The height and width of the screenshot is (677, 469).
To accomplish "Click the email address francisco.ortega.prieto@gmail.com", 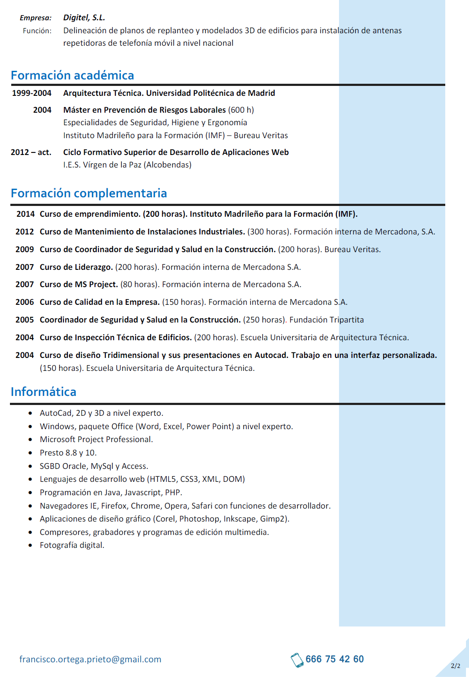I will [x=90, y=659].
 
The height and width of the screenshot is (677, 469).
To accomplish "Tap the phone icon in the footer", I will [x=297, y=660].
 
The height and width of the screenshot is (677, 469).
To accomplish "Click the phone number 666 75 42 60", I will [x=335, y=659].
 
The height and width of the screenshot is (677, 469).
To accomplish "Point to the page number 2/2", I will [x=456, y=666].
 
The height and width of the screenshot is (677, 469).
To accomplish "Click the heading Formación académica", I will [x=73, y=75].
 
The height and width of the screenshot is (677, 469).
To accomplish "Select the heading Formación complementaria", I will [x=89, y=193].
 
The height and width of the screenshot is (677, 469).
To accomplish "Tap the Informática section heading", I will [x=44, y=392].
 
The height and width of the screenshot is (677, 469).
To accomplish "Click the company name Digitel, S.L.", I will [x=84, y=18].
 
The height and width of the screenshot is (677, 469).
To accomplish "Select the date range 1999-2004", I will [x=32, y=93].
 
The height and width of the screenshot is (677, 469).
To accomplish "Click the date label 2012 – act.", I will [x=31, y=152].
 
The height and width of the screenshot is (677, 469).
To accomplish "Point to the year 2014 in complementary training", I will [x=25, y=214].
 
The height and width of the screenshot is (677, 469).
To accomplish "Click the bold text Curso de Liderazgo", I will [x=76, y=267].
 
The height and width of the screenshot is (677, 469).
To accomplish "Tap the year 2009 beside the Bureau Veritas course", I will [x=25, y=249].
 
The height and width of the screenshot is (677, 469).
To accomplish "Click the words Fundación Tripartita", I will [x=326, y=320].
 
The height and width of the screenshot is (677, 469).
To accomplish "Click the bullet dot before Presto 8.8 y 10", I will [x=30, y=453].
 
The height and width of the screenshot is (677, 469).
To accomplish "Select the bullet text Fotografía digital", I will [x=72, y=545].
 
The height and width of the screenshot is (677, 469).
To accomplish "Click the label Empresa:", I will [x=36, y=18].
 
